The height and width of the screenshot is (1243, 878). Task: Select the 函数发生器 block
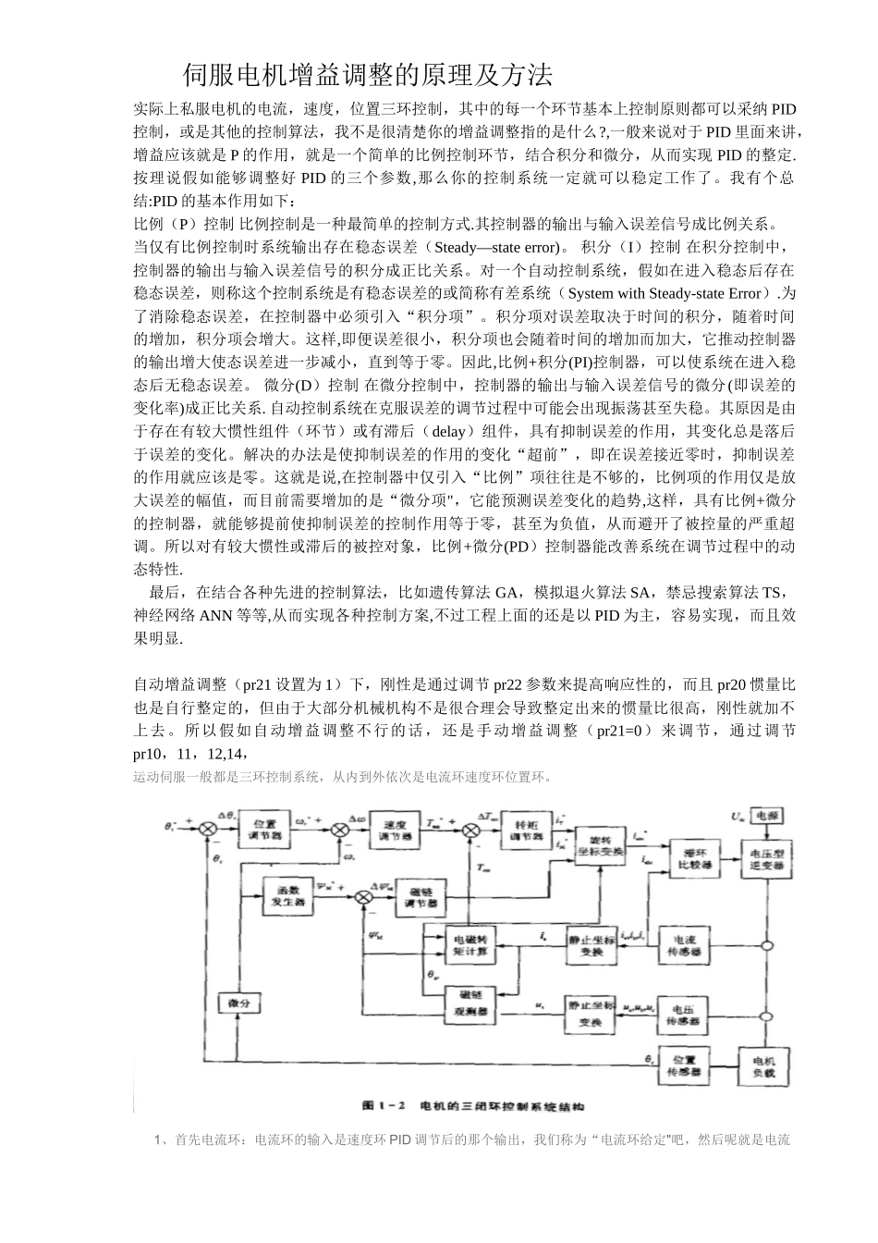[286, 895]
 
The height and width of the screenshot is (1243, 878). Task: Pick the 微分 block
[238, 1003]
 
